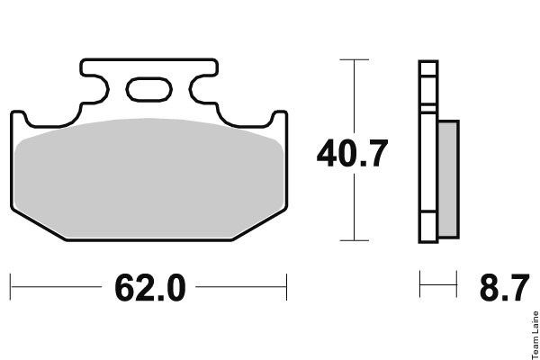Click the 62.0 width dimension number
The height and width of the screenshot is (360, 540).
[x=150, y=288]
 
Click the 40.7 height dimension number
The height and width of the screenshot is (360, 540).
[x=352, y=153]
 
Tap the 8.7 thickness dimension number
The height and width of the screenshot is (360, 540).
[x=504, y=288]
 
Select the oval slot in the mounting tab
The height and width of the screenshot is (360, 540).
[x=148, y=90]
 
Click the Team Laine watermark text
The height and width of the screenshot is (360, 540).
[x=535, y=335]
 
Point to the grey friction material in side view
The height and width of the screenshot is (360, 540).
[x=448, y=179]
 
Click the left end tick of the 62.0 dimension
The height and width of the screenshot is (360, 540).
[x=10, y=287]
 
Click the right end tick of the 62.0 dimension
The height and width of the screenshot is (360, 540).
[x=286, y=287]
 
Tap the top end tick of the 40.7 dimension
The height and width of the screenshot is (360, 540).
[x=354, y=59]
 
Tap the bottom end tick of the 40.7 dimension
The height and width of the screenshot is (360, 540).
[x=354, y=240]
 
